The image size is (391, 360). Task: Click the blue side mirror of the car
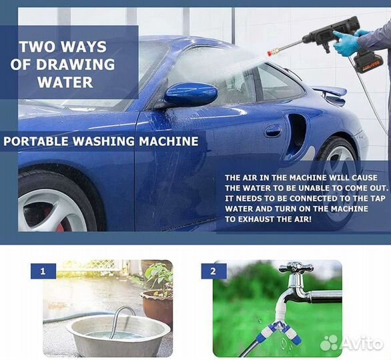191,94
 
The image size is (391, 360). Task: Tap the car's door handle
274,131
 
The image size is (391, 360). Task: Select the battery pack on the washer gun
368,63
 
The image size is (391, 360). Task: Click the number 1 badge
43,271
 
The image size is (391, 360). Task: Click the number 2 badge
214,271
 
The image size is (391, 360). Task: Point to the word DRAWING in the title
75,65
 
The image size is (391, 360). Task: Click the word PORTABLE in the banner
35,141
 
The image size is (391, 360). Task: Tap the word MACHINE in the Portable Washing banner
169,141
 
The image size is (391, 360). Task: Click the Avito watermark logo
352,343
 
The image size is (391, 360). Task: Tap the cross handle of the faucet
296,268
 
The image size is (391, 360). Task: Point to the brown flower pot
157,307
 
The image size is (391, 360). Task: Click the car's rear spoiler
330,93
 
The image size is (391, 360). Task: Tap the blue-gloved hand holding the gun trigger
346,43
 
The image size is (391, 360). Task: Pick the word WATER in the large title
65,83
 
